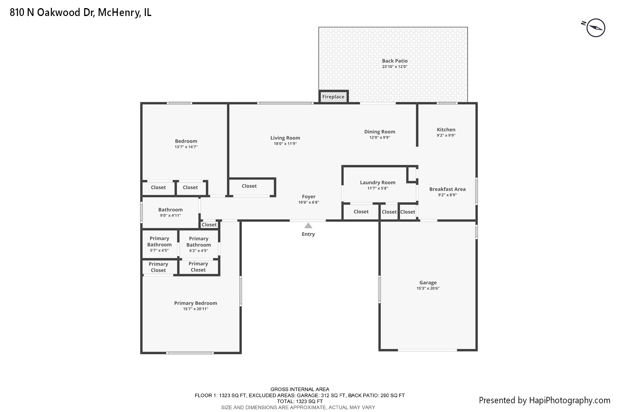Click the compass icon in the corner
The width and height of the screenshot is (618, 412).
point(595,28)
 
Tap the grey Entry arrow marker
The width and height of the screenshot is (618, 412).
point(308,225)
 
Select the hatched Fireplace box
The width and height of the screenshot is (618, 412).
point(333,97)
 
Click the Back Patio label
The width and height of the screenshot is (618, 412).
point(395,61)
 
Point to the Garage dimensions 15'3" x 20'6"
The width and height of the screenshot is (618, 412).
point(428,288)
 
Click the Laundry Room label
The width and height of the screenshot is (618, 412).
point(377,183)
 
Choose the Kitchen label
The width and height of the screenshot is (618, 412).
point(446,129)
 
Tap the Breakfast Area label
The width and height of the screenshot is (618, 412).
point(447,189)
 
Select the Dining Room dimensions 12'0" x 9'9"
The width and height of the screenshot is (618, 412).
point(380,138)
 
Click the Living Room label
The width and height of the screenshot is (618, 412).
point(285,138)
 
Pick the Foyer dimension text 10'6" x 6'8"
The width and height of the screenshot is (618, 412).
point(308,203)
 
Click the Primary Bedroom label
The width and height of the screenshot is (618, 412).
point(196,303)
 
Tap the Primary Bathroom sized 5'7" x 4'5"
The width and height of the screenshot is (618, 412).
point(159,244)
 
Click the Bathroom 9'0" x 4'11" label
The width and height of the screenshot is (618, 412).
point(170,210)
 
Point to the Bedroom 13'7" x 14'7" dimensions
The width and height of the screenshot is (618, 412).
point(186,147)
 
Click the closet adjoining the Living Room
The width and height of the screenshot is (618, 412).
point(249,186)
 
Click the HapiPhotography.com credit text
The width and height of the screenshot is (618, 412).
point(544,400)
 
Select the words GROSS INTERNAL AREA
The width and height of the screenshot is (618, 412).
point(300,389)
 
